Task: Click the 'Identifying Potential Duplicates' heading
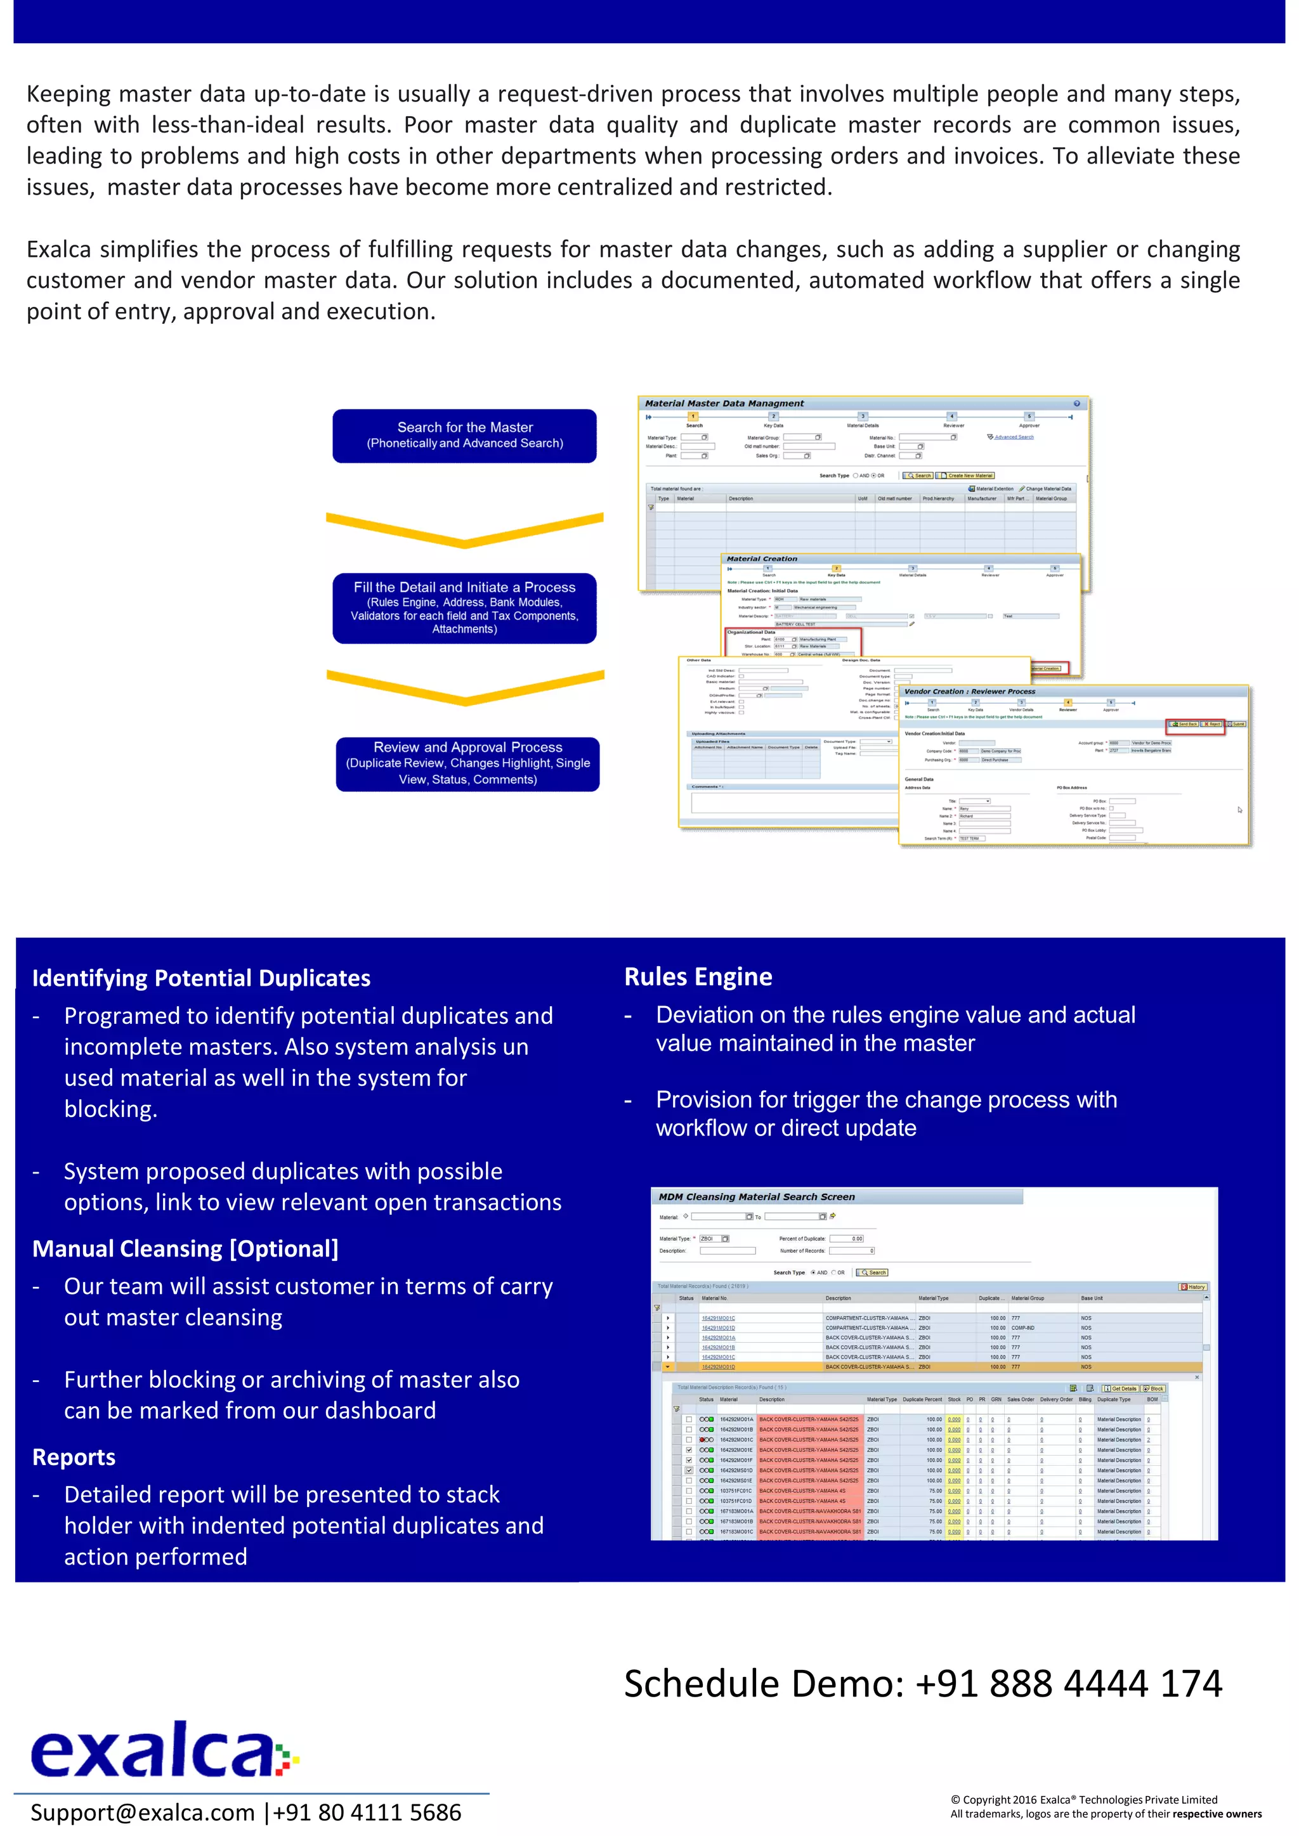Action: point(201,978)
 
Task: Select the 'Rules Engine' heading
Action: point(698,976)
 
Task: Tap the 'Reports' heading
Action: point(74,1457)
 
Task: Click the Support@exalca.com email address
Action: point(141,1812)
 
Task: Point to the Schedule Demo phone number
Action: point(1069,1683)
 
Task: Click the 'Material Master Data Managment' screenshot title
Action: point(724,404)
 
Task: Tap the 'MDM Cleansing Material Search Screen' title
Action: point(757,1197)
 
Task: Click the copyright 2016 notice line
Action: point(1083,1800)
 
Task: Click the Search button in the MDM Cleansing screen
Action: point(873,1272)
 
